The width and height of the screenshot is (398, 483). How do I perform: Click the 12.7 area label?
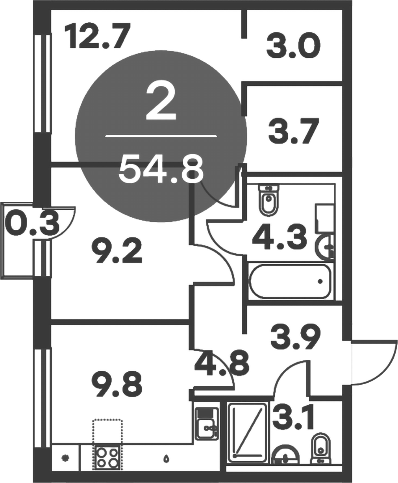click(x=98, y=36)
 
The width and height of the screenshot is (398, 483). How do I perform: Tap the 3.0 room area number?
click(x=294, y=47)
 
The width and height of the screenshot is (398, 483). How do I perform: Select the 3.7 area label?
click(x=293, y=133)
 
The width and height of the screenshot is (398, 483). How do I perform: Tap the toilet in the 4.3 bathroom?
click(x=269, y=200)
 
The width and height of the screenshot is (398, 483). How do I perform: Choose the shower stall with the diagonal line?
click(x=247, y=432)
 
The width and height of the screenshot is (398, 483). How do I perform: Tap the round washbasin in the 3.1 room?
click(x=285, y=456)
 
